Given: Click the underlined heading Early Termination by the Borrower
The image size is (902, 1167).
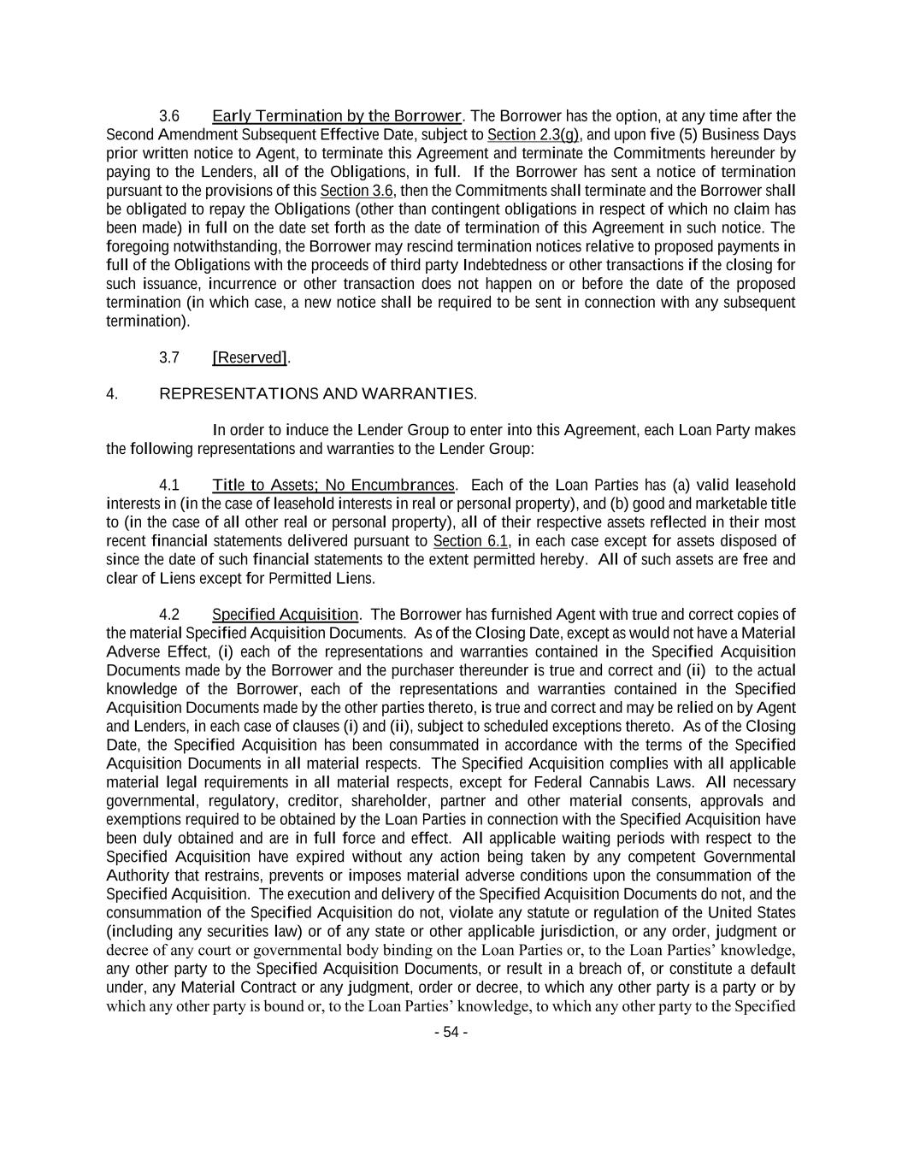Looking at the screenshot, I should (x=337, y=116).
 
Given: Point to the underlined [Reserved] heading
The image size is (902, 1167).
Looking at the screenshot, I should (x=250, y=357).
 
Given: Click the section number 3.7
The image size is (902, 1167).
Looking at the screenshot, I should (x=168, y=357).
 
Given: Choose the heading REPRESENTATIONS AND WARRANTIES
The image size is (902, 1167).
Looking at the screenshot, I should (x=318, y=394).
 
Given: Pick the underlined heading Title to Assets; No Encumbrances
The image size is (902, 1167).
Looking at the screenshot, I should (x=333, y=486).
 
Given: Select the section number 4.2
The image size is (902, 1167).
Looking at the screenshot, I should (x=168, y=615).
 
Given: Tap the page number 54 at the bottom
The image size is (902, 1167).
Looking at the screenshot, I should (x=451, y=1032).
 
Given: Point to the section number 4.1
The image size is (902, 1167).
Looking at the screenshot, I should (x=168, y=486).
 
